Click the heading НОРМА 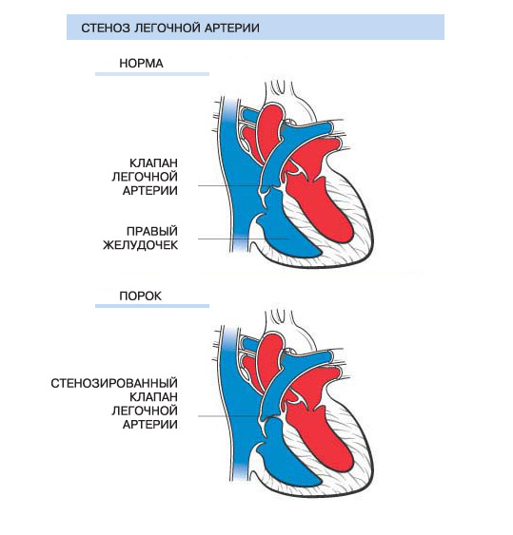[141, 64]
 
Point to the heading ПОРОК [141, 296]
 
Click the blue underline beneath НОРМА [152, 74]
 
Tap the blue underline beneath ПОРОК [152, 306]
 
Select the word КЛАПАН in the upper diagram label [154, 162]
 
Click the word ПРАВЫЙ [152, 231]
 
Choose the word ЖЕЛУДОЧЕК [141, 245]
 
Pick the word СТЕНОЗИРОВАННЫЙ [114, 383]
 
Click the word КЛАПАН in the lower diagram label [154, 397]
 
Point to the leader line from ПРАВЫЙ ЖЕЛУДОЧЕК [244, 239]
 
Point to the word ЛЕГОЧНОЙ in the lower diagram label [145, 411]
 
